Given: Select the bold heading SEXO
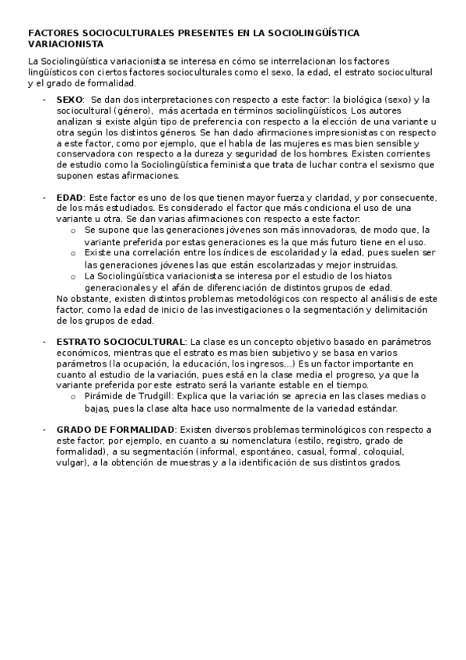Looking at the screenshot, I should point(69,100).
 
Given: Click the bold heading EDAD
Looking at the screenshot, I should point(70,198).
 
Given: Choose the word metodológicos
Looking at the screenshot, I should point(232,298).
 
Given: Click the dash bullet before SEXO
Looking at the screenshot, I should point(46,100).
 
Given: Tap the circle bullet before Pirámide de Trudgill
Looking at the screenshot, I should point(72,396).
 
